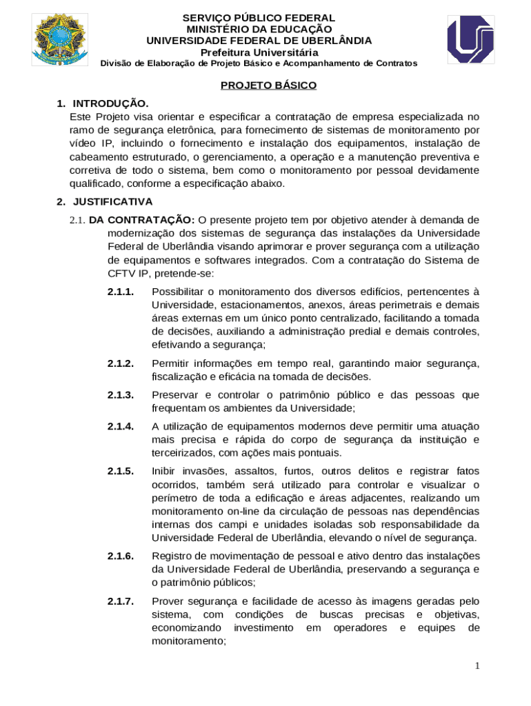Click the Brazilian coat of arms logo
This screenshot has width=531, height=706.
[x=60, y=39]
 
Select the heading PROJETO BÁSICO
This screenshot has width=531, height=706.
[x=268, y=85]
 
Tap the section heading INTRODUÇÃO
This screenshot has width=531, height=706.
[x=110, y=103]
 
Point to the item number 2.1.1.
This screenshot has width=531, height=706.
[x=121, y=292]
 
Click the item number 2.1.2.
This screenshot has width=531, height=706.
[x=121, y=363]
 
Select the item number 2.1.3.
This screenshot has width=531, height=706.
[x=121, y=395]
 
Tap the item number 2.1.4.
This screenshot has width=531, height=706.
[x=121, y=426]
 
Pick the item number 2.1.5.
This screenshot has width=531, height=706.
[x=121, y=472]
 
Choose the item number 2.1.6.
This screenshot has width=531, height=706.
[x=121, y=556]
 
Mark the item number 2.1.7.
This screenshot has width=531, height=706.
[x=121, y=601]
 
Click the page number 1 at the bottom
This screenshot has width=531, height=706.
[x=477, y=665]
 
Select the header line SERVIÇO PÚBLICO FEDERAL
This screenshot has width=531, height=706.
[x=259, y=18]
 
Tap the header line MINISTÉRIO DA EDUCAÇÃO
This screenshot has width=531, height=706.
[x=259, y=29]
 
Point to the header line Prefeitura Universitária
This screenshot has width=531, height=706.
[x=259, y=52]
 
